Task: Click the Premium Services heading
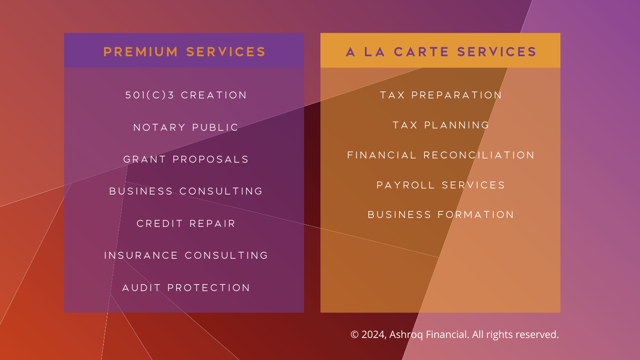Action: click(185, 52)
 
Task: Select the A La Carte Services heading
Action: click(441, 52)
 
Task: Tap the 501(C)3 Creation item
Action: click(186, 95)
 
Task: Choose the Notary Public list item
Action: click(186, 127)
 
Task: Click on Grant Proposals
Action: click(186, 159)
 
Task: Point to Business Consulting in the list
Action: click(186, 191)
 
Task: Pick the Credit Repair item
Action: click(186, 224)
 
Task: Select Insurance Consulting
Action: click(186, 255)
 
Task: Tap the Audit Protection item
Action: click(186, 288)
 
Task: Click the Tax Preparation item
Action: click(441, 95)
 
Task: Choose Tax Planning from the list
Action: click(441, 125)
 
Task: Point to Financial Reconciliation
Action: click(441, 155)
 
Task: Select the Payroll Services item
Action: click(441, 185)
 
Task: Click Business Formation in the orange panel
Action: click(441, 215)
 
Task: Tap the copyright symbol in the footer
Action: click(355, 335)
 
